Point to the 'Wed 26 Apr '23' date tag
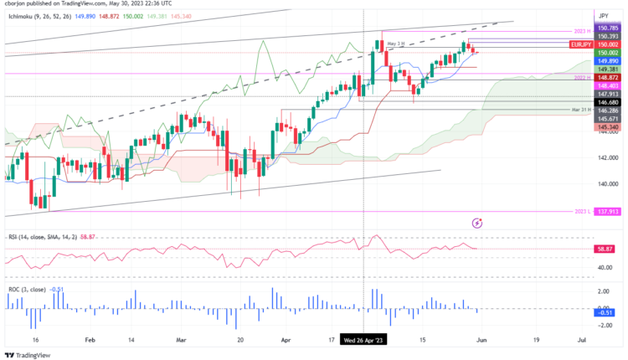pyautogui.click(x=363, y=341)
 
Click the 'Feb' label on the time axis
pyautogui.click(x=90, y=341)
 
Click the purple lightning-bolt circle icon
pyautogui.click(x=477, y=224)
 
